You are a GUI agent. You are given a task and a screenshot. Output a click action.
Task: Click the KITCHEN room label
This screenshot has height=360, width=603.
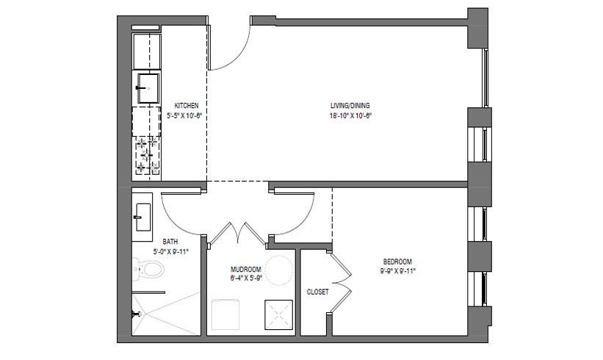click(187, 105)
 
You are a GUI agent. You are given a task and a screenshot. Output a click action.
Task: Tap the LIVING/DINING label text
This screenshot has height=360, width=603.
click(350, 105)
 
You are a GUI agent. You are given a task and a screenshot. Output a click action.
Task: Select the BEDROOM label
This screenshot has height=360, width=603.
click(397, 262)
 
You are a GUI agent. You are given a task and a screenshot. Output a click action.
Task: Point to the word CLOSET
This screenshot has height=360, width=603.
click(317, 292)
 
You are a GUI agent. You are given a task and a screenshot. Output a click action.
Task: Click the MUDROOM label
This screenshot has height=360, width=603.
click(246, 269)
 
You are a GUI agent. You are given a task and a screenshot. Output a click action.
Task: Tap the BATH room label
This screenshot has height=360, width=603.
click(170, 242)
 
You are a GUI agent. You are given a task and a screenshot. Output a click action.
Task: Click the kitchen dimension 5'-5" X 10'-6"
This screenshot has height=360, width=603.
click(184, 115)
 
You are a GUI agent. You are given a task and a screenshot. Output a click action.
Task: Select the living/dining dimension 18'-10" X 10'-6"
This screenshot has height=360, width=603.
click(350, 115)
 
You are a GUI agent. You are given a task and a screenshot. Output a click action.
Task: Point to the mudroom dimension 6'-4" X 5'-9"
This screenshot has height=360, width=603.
click(246, 278)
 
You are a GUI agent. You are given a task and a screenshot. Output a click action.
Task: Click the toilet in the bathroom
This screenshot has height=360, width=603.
click(148, 269)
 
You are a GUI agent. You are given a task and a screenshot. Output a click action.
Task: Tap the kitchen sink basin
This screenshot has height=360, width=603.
click(148, 88)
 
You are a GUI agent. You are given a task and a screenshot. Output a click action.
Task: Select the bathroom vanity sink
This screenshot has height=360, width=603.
click(142, 217)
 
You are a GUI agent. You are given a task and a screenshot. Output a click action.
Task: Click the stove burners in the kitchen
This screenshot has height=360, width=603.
click(146, 155)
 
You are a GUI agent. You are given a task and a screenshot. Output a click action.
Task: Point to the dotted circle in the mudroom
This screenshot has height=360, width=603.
click(280, 271)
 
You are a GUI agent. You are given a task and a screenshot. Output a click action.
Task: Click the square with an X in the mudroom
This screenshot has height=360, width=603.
click(278, 314)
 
